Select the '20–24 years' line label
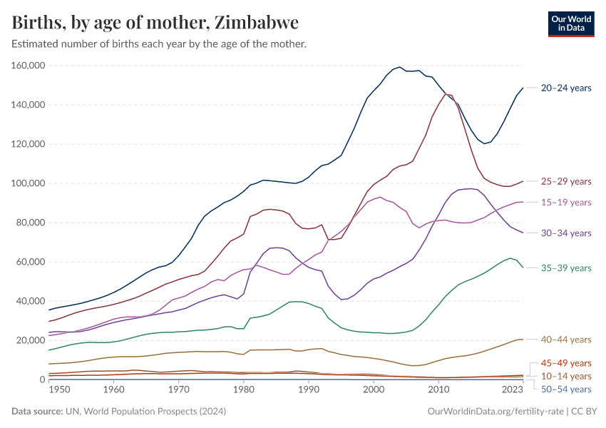(x=566, y=88)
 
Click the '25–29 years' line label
(x=566, y=181)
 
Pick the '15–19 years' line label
(x=566, y=202)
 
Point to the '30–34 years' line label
(x=566, y=233)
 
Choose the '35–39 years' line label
(x=566, y=267)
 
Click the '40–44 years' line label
(x=566, y=339)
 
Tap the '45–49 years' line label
(x=566, y=363)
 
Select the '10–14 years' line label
(x=566, y=376)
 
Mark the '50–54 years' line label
(x=566, y=389)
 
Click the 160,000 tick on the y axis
(x=29, y=66)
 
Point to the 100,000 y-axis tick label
(x=29, y=183)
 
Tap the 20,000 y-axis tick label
(x=32, y=340)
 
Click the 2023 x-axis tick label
(x=513, y=390)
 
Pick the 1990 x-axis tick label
(x=308, y=390)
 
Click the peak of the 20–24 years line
(x=400, y=67)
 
